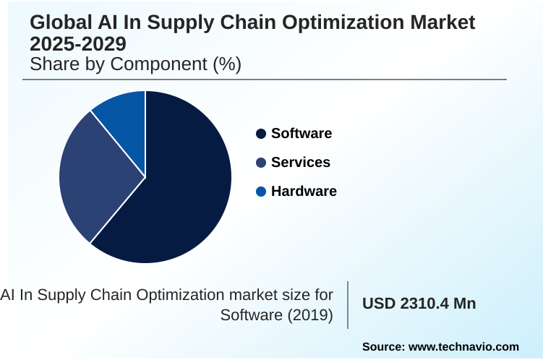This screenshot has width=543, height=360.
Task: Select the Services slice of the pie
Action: (94, 177)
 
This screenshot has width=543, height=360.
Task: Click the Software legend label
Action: (302, 134)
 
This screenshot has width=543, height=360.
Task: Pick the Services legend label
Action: (301, 163)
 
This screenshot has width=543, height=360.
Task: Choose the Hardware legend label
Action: (304, 192)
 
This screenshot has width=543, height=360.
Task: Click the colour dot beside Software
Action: (261, 134)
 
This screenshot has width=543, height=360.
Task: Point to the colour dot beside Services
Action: (261, 163)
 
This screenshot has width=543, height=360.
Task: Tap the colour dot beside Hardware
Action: (261, 192)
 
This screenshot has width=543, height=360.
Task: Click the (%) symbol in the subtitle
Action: (225, 64)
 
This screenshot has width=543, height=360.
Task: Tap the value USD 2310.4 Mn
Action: (419, 304)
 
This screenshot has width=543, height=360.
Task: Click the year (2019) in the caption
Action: (312, 316)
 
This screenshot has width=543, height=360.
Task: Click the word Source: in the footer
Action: (383, 346)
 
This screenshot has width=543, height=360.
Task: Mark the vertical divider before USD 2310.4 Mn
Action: (348, 304)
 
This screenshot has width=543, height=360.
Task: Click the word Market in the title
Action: (443, 22)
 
